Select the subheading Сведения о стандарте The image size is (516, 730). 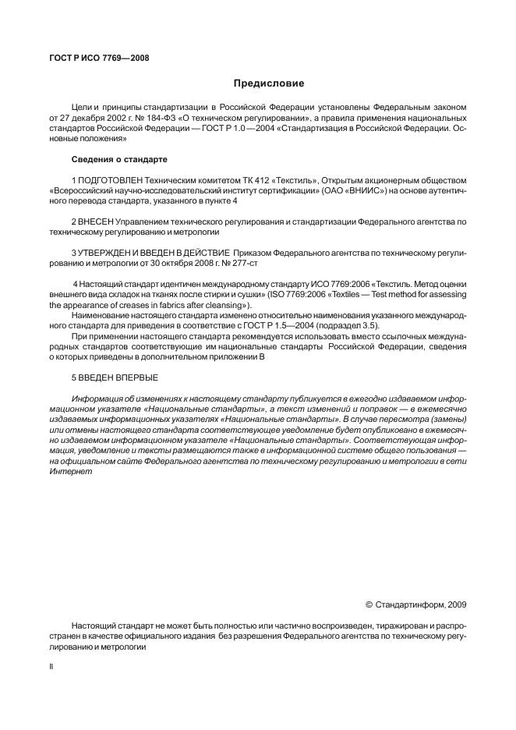[x=119, y=160]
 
